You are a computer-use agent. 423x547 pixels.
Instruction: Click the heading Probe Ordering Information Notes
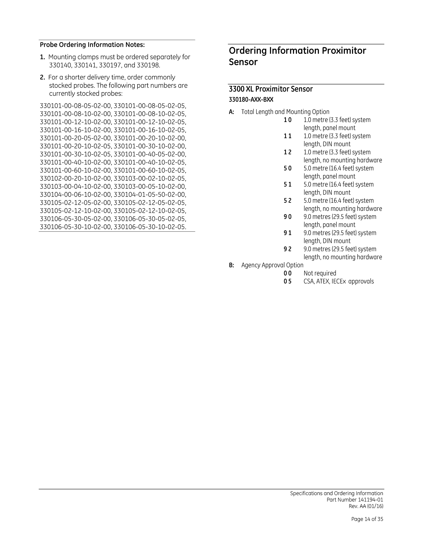tap(92, 45)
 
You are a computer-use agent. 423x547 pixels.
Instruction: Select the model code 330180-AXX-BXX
tap(251, 100)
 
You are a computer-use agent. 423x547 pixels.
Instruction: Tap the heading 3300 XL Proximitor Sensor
tap(271, 89)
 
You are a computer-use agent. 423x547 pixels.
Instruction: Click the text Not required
tap(320, 273)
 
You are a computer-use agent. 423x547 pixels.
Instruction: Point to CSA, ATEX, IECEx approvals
tap(339, 282)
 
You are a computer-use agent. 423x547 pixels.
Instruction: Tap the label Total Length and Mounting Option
tap(285, 112)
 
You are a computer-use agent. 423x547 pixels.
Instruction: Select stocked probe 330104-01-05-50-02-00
tap(150, 195)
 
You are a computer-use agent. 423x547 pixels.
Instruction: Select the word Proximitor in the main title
tap(344, 51)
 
